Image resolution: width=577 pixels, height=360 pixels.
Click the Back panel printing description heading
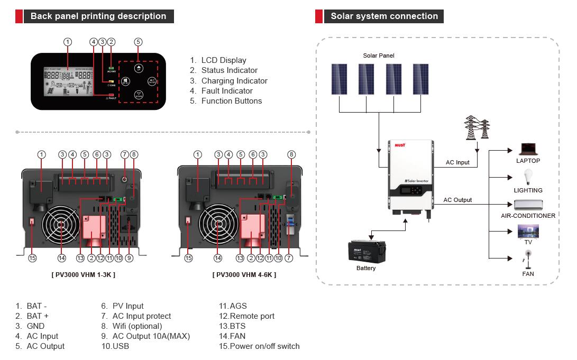coord(98,16)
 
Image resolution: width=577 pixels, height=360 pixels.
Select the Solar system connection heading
coord(384,16)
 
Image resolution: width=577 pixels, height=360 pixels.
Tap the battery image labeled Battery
coord(366,251)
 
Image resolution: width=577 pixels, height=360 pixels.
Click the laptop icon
coord(528,149)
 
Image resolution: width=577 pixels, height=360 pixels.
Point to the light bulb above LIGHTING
coord(528,177)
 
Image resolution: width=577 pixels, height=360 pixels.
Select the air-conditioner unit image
coord(528,205)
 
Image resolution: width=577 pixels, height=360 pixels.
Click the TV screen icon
coord(528,231)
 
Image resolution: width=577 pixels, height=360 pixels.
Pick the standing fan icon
coord(528,260)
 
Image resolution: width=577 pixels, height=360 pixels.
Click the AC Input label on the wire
coord(457,162)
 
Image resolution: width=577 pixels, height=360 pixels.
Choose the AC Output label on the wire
coord(457,200)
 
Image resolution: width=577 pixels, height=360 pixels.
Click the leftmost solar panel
coord(340,80)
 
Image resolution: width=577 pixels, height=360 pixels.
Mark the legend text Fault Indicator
coord(227,91)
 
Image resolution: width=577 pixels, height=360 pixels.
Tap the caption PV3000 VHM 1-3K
coord(84,275)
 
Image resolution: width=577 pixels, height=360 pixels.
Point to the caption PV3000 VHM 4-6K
coord(244,275)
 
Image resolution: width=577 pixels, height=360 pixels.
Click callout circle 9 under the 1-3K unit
coord(129,259)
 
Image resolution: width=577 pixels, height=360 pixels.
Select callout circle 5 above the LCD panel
coord(138,42)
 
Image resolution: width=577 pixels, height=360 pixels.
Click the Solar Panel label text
coord(379,56)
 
